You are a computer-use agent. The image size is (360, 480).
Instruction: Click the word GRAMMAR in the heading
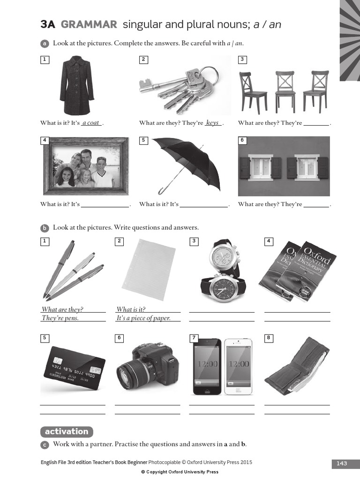point(89,24)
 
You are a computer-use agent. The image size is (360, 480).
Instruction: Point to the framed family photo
point(86,166)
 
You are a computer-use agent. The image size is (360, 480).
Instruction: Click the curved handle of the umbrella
point(162,190)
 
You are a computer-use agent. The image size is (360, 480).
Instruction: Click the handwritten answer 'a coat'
point(91,123)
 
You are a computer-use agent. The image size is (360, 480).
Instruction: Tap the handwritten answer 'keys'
point(212,123)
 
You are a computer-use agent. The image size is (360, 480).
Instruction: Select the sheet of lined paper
point(149,269)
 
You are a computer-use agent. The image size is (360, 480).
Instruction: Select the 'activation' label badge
point(67,432)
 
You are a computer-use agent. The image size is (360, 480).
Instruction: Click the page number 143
point(342,463)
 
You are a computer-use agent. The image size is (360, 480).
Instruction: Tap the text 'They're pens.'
point(60,318)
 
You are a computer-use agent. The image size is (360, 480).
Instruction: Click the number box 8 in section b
point(269,337)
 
